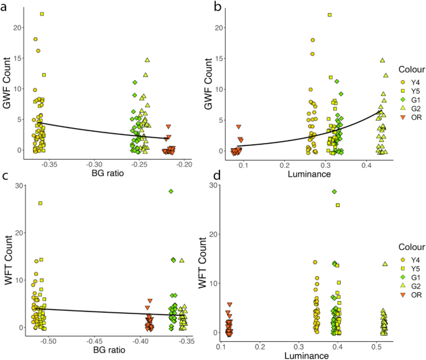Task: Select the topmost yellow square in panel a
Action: pos(42,14)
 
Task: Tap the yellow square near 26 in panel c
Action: pos(40,203)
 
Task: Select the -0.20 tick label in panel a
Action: pos(184,164)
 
